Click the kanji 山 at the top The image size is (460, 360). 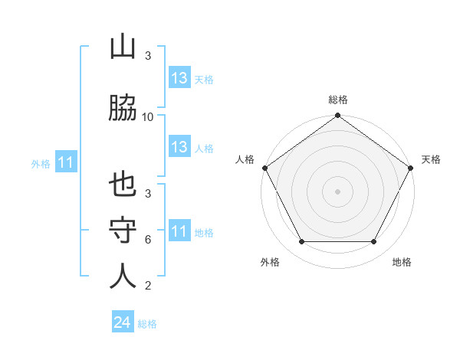click(123, 48)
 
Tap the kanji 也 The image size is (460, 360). click(123, 185)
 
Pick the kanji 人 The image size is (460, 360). click(123, 276)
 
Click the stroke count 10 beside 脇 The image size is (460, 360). click(148, 117)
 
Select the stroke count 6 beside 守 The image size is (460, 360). click(148, 240)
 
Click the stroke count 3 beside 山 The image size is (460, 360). click(148, 56)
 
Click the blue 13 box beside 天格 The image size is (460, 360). click(179, 78)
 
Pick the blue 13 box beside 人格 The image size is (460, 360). click(179, 148)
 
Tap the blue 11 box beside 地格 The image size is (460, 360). click(179, 231)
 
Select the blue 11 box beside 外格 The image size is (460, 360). click(66, 162)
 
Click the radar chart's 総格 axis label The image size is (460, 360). click(338, 100)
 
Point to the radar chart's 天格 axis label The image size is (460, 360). click(432, 159)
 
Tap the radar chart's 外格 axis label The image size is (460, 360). click(270, 262)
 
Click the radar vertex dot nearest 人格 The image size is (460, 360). click(264, 168)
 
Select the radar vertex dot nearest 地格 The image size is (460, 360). click(374, 242)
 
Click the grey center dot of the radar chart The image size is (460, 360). click(338, 191)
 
